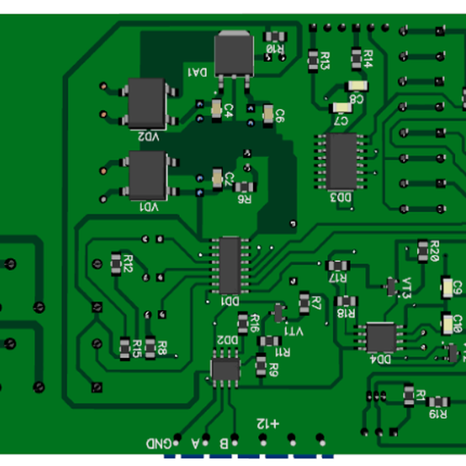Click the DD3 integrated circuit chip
[x=342, y=161]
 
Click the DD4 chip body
[x=381, y=337]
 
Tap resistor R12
[x=118, y=262]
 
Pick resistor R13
[x=314, y=59]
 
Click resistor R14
[x=358, y=57]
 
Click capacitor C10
[x=447, y=322]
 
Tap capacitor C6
[x=269, y=114]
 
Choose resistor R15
[x=125, y=347]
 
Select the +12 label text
[x=268, y=423]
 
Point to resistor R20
[x=423, y=249]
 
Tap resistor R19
[x=439, y=402]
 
